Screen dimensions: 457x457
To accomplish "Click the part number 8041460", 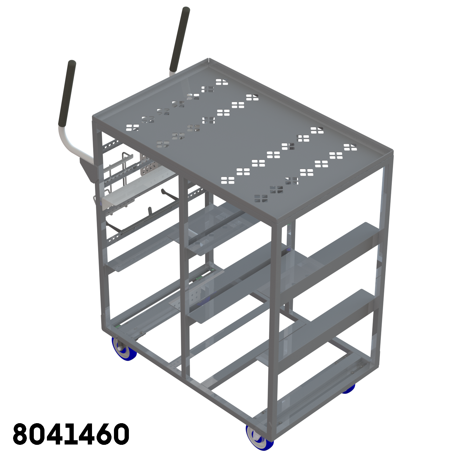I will click(71, 434).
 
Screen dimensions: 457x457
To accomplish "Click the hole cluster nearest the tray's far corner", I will click(222, 82).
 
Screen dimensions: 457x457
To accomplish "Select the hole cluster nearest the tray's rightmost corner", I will click(350, 147).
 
